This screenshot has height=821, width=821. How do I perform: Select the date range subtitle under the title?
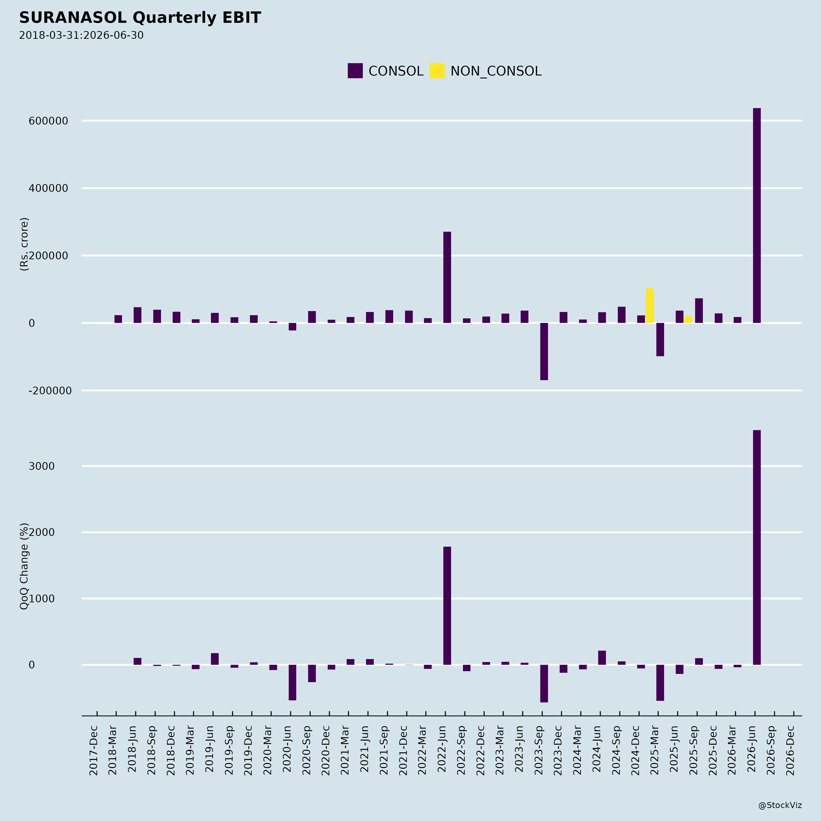point(81,35)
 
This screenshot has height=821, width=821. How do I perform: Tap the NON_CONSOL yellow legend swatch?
point(437,70)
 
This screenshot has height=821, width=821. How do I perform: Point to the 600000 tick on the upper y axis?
point(48,121)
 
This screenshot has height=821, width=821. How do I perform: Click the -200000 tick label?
point(50,391)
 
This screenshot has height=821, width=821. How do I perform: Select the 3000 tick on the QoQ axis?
point(42,466)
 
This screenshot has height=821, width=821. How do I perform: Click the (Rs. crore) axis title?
point(24,244)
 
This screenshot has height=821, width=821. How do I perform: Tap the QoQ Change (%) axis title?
point(24,566)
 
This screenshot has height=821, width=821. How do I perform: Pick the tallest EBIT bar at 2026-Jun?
point(757,216)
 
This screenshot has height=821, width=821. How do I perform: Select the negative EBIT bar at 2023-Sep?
point(544,351)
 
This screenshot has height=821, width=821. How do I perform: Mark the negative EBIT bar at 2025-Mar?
point(660,340)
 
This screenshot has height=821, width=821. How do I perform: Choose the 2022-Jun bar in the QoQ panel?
point(447,605)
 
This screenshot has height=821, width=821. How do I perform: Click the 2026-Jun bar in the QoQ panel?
point(757,547)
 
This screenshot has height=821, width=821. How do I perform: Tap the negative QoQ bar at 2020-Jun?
point(292,683)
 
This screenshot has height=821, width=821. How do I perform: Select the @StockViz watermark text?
point(780,805)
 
